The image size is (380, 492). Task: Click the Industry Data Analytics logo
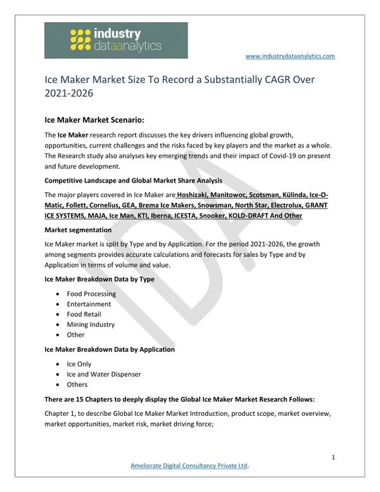(116, 41)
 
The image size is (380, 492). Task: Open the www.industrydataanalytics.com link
(289, 56)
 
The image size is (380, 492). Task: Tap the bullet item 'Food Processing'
(91, 294)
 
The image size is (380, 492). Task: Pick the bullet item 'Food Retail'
(84, 314)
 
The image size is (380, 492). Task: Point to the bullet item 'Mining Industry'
(91, 325)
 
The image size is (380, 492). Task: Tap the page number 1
(333, 457)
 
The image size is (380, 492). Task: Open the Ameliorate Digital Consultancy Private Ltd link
(189, 467)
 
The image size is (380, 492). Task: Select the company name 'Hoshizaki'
(195, 195)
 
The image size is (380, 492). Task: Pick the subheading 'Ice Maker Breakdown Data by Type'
(99, 279)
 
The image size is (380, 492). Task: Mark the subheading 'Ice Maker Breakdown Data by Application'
(110, 349)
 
